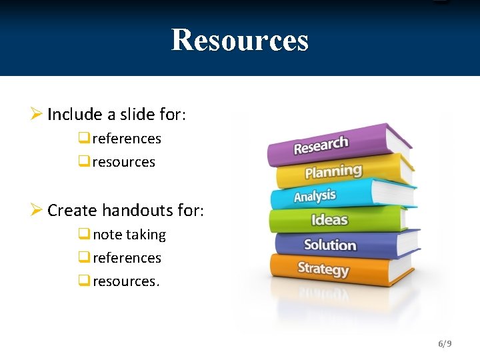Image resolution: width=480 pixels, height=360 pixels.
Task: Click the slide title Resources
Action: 240,39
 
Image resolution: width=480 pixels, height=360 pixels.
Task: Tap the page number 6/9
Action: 445,343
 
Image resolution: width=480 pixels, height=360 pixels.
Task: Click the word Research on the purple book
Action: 321,145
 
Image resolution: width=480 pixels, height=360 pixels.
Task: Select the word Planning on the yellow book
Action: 333,171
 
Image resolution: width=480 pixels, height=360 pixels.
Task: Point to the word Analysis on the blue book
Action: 315,196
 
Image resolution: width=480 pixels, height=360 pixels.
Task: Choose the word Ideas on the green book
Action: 329,219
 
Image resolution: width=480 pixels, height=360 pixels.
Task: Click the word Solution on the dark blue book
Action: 330,245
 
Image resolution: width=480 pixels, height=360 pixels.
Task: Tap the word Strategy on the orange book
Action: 323,269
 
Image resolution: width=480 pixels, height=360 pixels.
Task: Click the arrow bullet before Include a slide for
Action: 37,115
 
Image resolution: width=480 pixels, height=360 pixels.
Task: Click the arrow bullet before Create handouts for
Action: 37,211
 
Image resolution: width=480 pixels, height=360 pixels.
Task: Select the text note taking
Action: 129,235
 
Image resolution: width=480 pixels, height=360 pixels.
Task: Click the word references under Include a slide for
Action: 127,139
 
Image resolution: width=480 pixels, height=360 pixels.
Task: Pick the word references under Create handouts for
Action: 127,258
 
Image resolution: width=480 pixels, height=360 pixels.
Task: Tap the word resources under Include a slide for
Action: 124,162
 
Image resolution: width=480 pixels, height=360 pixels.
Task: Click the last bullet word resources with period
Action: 126,281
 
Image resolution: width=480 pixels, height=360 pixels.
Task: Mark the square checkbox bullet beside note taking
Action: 83,235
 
